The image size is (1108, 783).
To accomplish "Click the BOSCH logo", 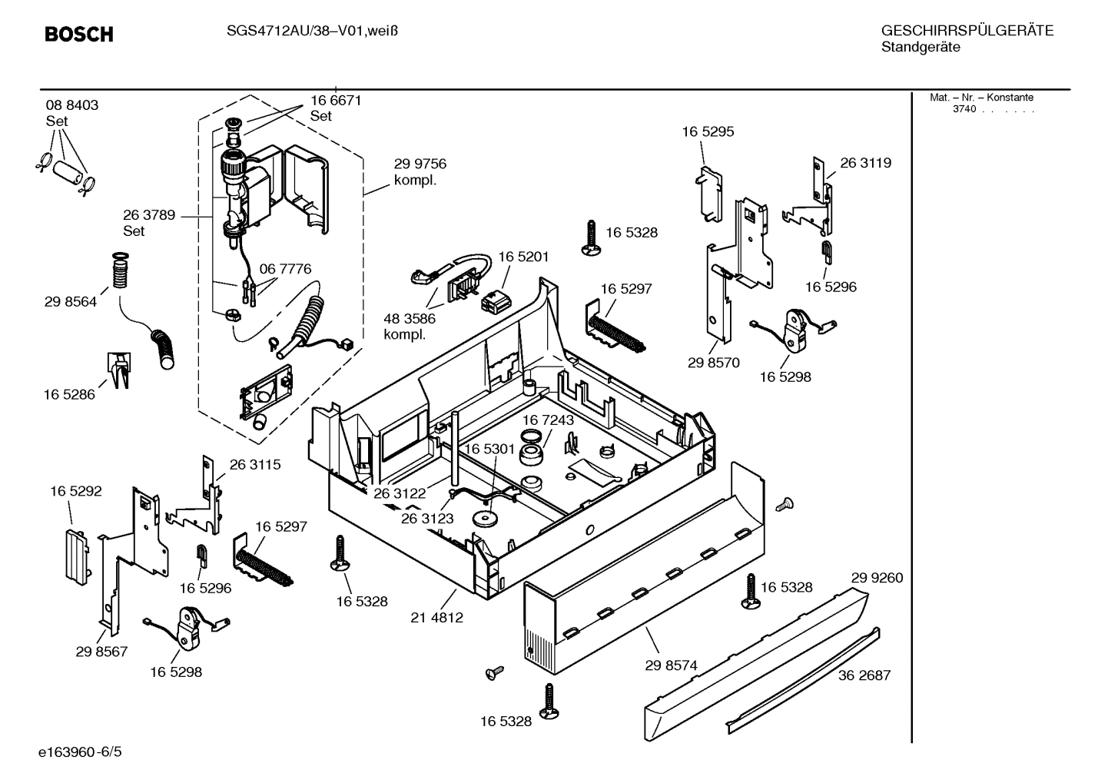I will [79, 35].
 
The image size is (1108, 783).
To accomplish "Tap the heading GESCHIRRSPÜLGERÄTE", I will [967, 31].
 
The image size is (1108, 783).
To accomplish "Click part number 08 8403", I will [72, 105].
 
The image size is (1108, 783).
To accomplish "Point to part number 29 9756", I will [420, 164].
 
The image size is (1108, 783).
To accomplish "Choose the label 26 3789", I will [149, 215].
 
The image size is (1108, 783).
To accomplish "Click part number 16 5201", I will [523, 257].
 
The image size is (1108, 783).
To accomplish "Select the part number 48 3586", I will [410, 318].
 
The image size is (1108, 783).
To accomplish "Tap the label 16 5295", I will [708, 131].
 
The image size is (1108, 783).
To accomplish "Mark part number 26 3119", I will [865, 163].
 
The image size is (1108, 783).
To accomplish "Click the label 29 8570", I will [713, 363].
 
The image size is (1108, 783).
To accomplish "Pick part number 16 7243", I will [548, 420].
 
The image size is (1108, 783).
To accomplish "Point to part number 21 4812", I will [437, 617].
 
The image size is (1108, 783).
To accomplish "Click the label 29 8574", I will [671, 665].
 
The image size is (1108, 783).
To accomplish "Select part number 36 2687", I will [864, 675].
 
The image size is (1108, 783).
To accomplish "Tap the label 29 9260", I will [877, 578].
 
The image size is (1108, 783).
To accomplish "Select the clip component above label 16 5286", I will [118, 370].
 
